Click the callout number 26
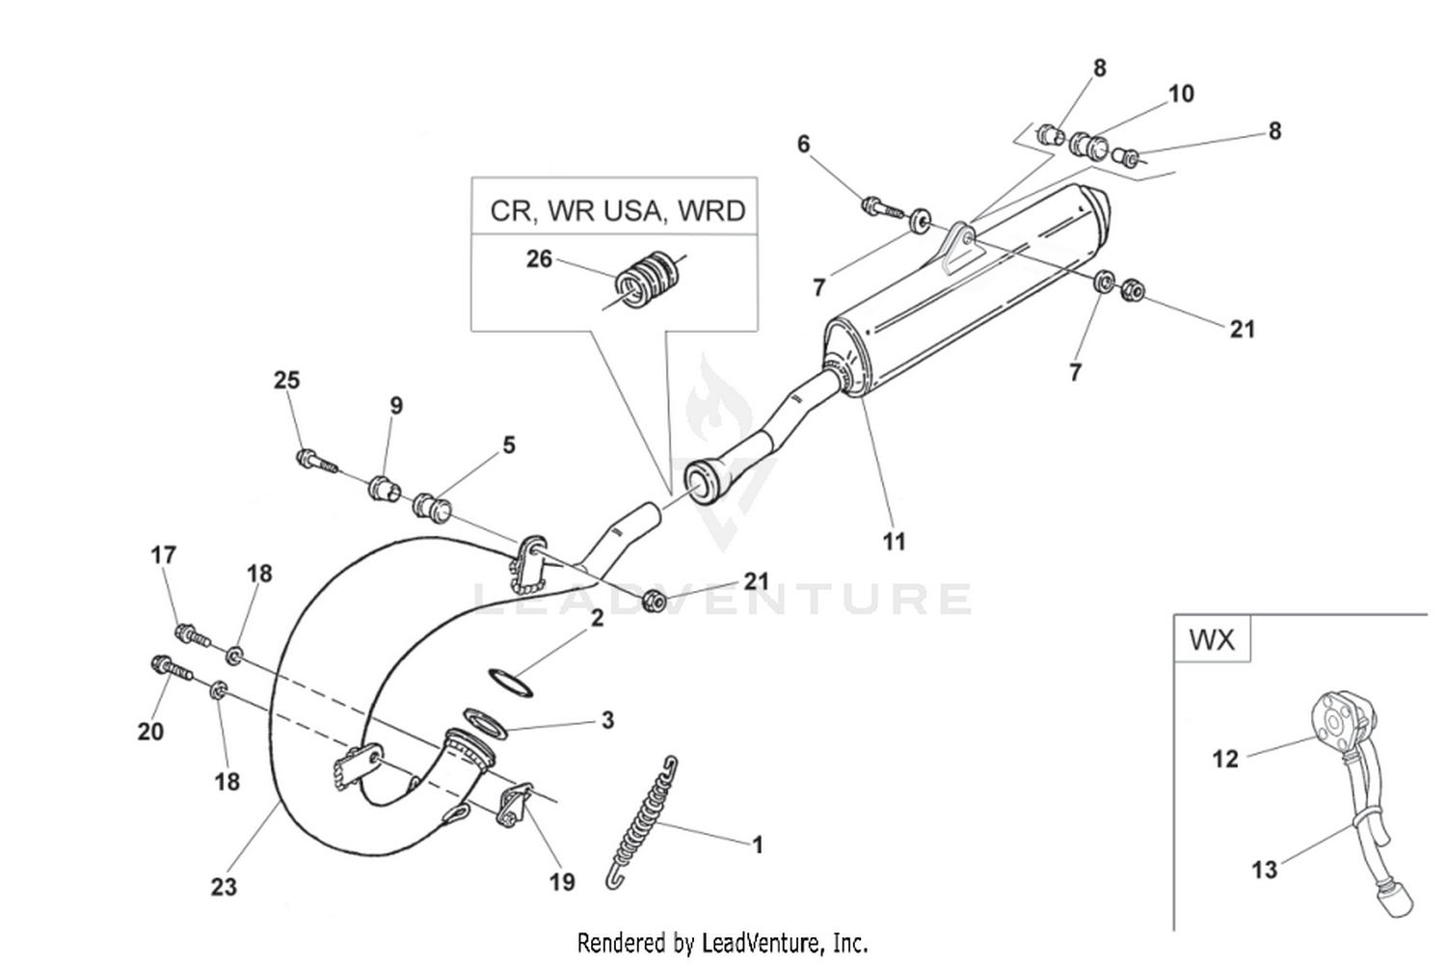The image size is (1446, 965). coord(539,259)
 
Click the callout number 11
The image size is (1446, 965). coord(895,542)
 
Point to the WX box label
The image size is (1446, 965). coord(1212,639)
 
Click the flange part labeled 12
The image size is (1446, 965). coord(1336,719)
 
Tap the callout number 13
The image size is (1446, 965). coord(1264,870)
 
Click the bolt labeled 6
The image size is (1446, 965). coord(880,206)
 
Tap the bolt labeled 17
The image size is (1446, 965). coord(192,634)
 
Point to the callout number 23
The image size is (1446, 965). coord(224,886)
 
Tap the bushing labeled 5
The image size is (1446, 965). coord(434,506)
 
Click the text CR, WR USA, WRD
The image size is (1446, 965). coord(617,210)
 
